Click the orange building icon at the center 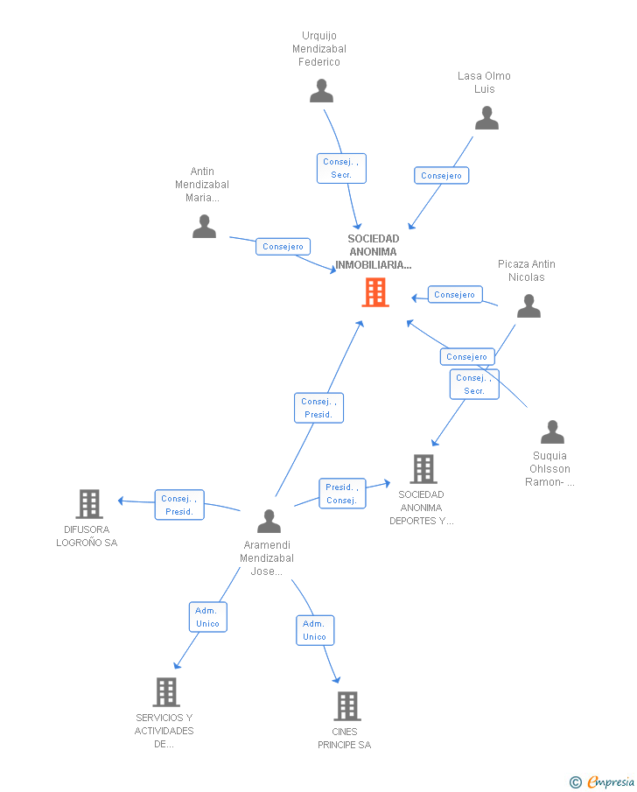point(375,292)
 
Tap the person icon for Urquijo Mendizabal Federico point(321,91)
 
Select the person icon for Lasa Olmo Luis point(487,117)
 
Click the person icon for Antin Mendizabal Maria point(204,227)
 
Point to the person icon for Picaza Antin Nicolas point(528,306)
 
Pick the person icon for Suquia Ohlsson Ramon point(553,431)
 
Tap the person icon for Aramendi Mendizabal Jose point(269,522)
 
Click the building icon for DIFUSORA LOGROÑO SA point(89,504)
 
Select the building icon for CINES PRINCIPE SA point(347,706)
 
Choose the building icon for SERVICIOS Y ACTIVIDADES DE point(166,692)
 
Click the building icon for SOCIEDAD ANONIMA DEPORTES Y point(423,469)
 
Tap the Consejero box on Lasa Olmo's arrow point(442,176)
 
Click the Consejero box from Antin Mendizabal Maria point(283,247)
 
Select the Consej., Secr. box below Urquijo point(341,168)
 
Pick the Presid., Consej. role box point(342,494)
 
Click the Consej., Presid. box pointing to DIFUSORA point(179,505)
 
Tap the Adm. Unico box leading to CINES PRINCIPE point(315,630)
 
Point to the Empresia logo point(602,782)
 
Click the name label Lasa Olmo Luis point(485,82)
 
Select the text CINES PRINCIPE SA point(345,738)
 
